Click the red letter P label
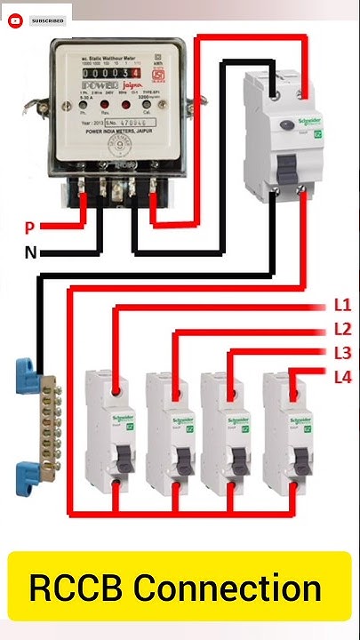29,228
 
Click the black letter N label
30,252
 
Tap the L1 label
342,305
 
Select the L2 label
342,329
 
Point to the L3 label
342,353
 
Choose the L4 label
342,377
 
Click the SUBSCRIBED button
47,19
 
